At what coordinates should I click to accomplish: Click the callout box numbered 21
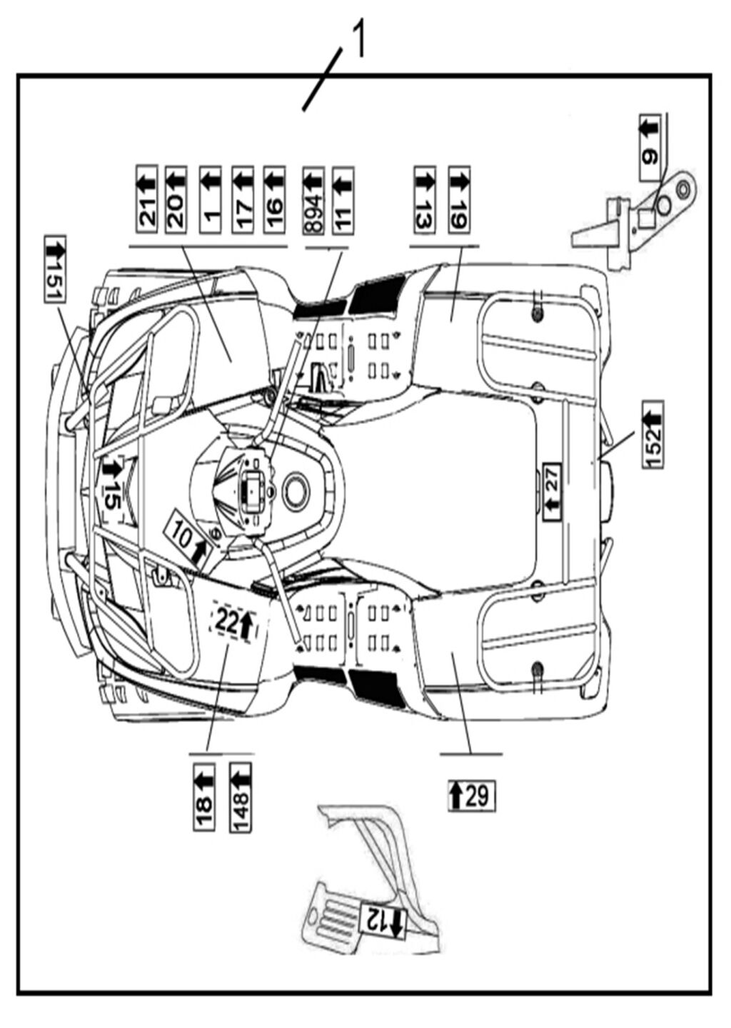point(147,199)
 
